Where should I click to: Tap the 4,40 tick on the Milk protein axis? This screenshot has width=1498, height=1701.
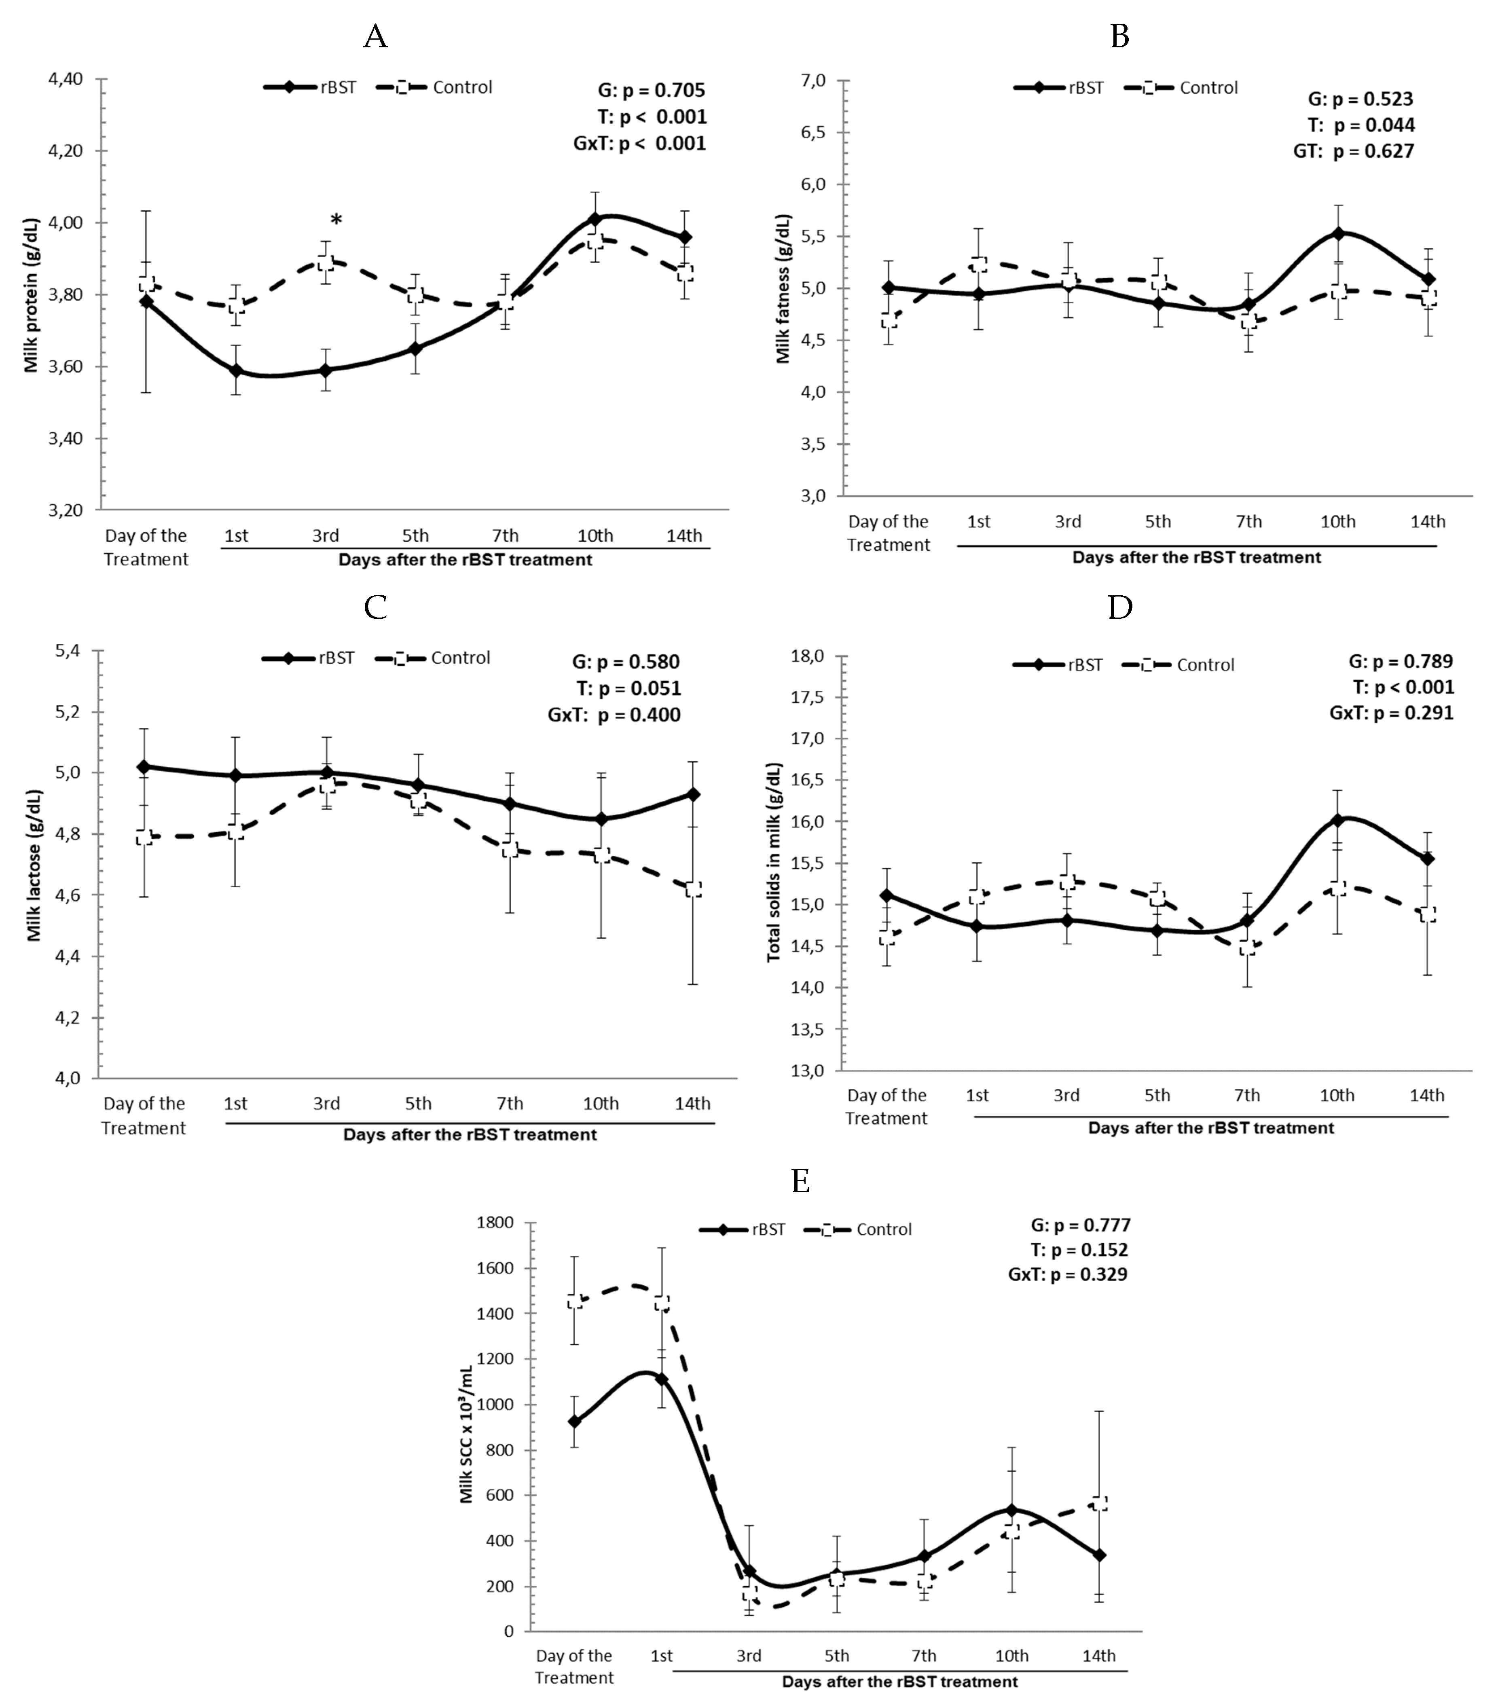coord(66,79)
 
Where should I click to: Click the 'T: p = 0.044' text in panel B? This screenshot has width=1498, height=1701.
coord(1360,125)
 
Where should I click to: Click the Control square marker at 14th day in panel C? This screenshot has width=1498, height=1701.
coord(693,889)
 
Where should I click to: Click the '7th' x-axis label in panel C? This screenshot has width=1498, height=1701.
coord(509,1104)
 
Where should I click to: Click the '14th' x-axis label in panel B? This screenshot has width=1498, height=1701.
coord(1427,522)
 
